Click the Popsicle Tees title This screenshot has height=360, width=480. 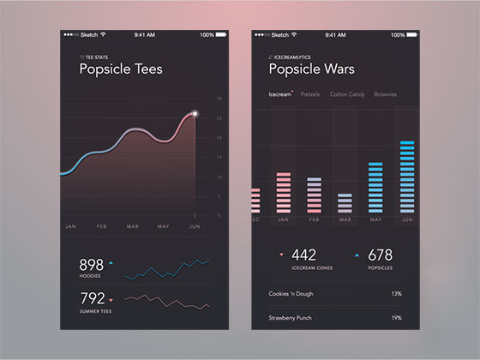121,69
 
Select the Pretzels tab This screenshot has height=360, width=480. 310,94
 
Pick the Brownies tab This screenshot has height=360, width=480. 385,94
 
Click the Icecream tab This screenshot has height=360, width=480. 280,94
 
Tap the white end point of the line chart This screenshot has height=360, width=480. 195,113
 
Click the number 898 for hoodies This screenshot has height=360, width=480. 91,265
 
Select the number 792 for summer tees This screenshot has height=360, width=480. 91,299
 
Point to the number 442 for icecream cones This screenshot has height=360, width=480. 304,255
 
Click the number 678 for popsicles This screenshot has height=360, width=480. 380,255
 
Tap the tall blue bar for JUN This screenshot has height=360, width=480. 407,177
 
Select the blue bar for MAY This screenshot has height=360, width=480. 375,187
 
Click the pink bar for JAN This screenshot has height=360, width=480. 283,192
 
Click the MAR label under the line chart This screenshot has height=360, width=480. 133,226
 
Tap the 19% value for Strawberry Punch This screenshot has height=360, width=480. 396,317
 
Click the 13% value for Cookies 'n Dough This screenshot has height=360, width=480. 396,293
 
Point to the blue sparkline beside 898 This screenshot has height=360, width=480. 167,268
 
